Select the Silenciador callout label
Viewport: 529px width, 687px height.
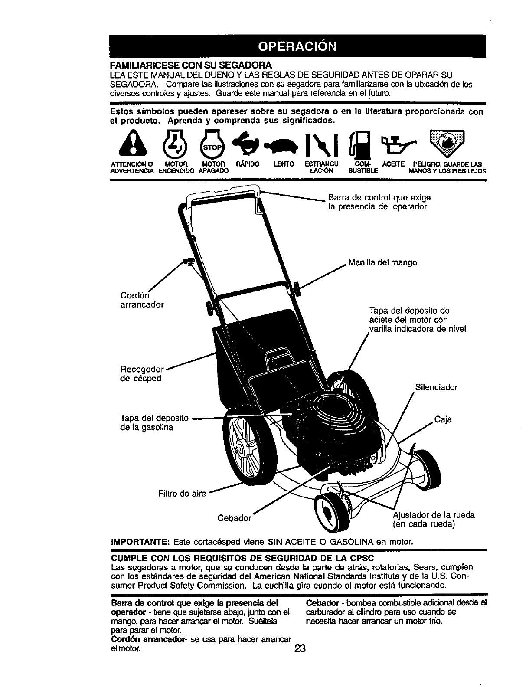point(436,387)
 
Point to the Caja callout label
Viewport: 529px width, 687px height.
point(443,419)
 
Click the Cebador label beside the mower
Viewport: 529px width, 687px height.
point(234,518)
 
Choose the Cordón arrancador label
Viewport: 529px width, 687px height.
point(141,300)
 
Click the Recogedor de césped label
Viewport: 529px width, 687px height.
point(141,374)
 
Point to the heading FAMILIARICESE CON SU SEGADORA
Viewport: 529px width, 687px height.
point(191,65)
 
